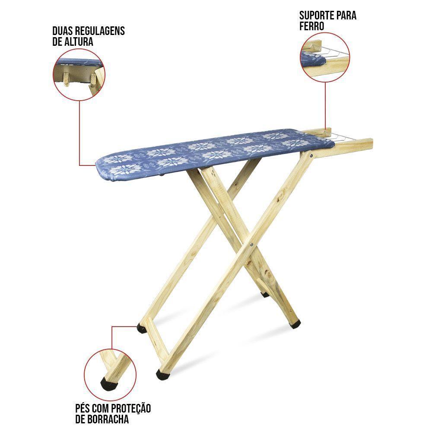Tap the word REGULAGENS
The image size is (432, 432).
click(x=100, y=31)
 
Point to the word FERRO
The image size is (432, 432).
click(x=311, y=26)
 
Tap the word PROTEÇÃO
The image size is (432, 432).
click(x=131, y=408)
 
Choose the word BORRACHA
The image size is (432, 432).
click(x=108, y=419)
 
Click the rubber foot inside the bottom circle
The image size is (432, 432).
click(x=108, y=383)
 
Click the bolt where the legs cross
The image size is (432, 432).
click(x=251, y=244)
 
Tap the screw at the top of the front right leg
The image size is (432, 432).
click(x=311, y=156)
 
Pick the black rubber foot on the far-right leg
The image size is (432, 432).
click(x=295, y=324)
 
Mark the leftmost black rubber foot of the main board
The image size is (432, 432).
click(x=142, y=329)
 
